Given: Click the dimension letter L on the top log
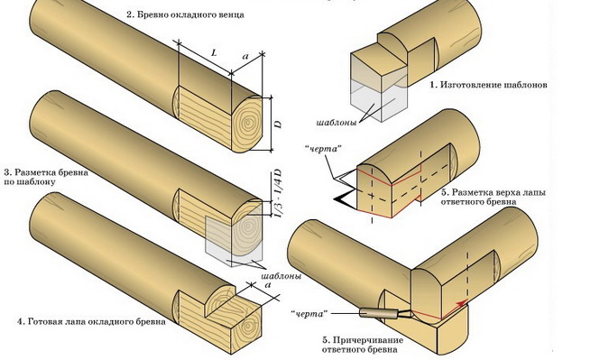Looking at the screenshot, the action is (214, 53).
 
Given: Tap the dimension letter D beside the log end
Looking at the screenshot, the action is (278, 124).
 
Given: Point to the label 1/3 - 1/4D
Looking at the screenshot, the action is (278, 193).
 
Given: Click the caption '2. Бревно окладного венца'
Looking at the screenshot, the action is (185, 15).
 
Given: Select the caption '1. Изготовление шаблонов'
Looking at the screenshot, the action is (489, 85).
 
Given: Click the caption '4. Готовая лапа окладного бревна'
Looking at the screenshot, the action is (92, 322).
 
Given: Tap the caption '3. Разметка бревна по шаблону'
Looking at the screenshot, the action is (47, 177).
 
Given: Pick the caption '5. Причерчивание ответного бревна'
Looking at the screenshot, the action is (363, 345).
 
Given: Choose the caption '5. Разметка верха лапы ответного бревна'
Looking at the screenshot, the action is (494, 197).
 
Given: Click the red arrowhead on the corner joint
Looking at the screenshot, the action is (461, 303).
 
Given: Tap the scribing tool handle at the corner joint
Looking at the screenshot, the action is (379, 312).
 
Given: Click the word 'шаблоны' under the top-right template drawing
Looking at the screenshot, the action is (337, 123).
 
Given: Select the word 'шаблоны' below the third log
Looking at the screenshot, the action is (281, 276).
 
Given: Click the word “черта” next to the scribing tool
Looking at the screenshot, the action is (309, 314).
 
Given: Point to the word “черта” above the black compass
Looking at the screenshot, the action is (323, 148).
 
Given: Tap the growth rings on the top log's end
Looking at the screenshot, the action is (247, 124).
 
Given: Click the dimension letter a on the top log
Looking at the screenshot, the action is (245, 57).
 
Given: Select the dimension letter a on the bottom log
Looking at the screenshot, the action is (267, 285).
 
